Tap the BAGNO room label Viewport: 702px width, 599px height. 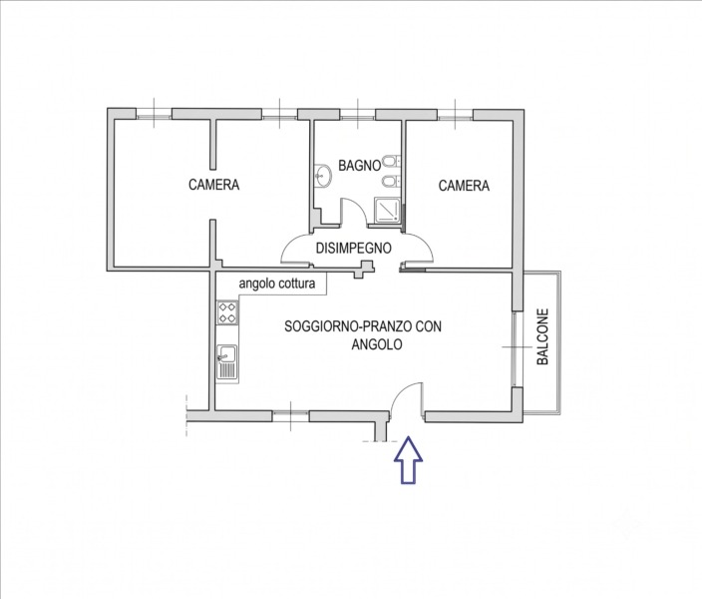coord(359,166)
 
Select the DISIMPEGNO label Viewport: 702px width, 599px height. coord(354,248)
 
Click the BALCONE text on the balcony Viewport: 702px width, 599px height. coord(542,336)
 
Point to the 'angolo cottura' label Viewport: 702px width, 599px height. coord(276,284)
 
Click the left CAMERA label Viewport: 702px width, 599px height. coord(213,185)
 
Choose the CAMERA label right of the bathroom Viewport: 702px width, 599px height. coord(464,185)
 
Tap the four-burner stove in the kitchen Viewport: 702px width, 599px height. coord(227,312)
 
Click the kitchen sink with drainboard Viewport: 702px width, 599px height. coord(227,362)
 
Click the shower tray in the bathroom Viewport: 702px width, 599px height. coord(387,211)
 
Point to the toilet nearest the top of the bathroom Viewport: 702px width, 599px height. coord(391,161)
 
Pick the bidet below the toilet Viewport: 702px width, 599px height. coord(391,181)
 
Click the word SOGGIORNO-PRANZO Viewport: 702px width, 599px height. coord(347,326)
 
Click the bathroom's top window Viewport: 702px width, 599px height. coord(357,116)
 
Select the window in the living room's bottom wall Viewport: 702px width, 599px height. coord(290,416)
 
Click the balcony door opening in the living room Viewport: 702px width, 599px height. coord(517,348)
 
